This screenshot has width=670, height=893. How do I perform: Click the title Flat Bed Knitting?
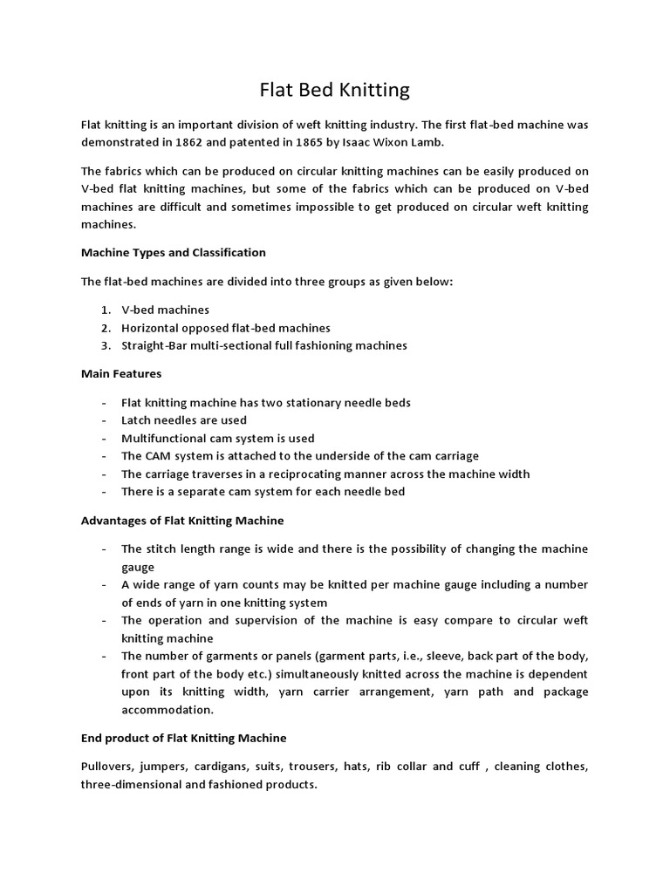point(335,90)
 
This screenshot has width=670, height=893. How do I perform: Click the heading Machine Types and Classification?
point(173,252)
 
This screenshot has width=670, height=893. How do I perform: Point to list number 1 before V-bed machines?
point(105,310)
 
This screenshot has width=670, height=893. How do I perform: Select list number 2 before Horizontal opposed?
point(105,328)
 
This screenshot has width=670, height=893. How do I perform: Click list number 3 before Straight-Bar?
point(105,345)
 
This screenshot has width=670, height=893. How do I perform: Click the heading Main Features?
point(120,373)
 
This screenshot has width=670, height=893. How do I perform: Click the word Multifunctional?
point(166,438)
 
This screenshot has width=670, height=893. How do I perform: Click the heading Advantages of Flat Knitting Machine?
point(182,521)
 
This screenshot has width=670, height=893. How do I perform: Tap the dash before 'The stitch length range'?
point(105,549)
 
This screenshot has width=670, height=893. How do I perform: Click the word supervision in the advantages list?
point(244,620)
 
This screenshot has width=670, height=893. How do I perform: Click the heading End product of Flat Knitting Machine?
point(183,738)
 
